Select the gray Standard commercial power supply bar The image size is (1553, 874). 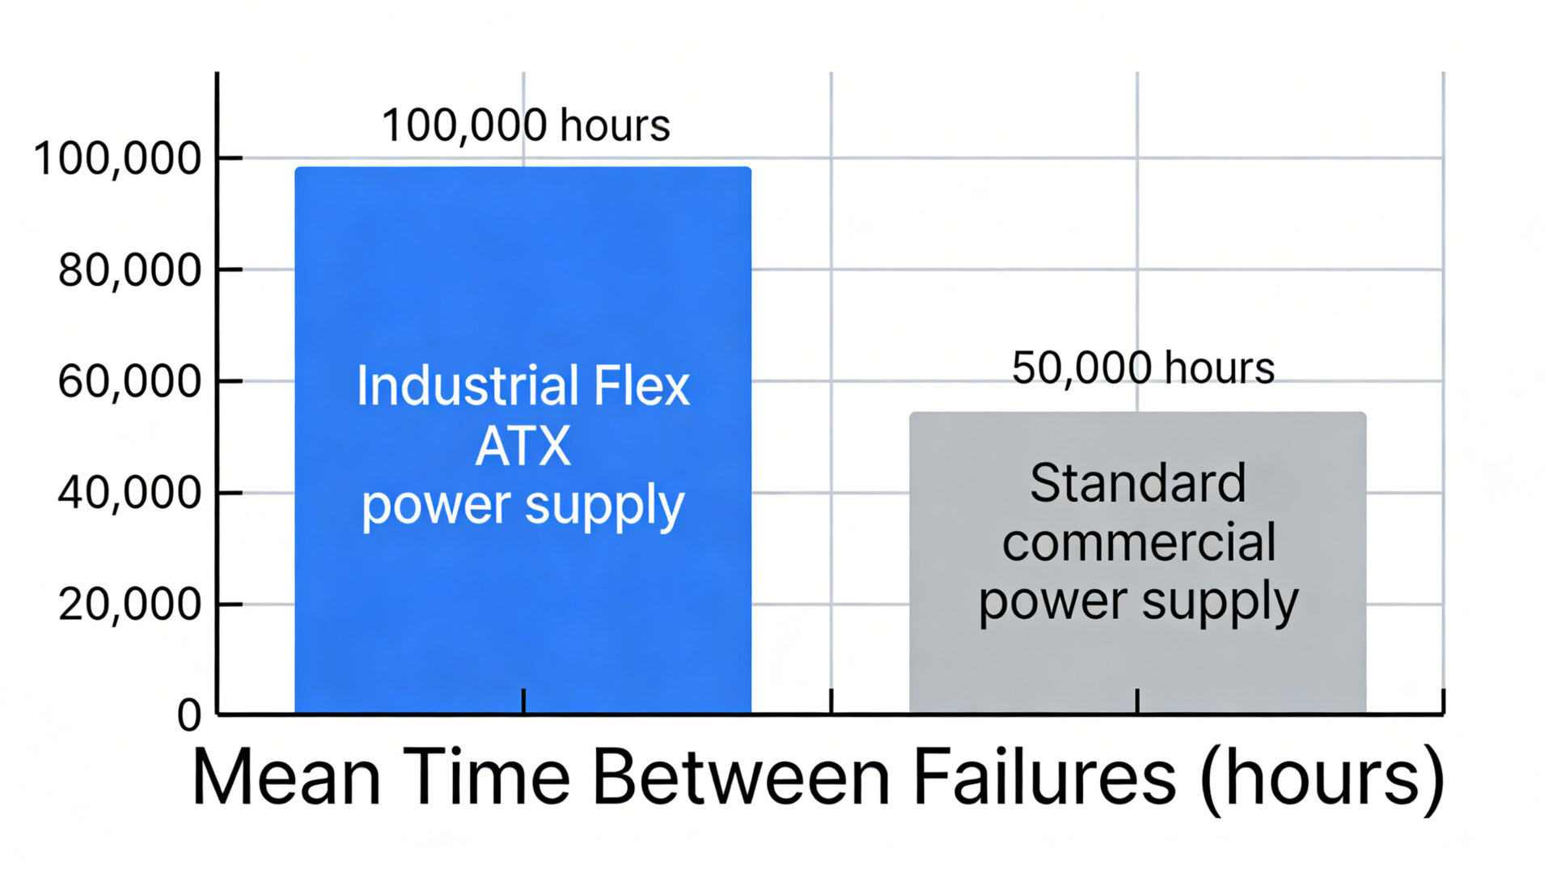(1137, 664)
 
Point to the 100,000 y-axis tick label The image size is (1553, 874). (117, 158)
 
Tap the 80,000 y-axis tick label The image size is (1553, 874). (129, 269)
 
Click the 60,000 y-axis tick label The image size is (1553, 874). (129, 381)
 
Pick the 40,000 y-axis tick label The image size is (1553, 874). (129, 492)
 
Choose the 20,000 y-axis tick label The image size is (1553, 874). (129, 604)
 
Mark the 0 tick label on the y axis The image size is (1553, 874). (189, 715)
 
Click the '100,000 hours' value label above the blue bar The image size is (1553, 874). (526, 125)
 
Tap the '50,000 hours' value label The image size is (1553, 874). (1143, 367)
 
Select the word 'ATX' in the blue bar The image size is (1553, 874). (523, 446)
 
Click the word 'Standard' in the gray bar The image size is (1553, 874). (1137, 483)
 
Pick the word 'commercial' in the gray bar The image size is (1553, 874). (1139, 541)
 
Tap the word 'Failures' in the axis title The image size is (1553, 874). (1044, 776)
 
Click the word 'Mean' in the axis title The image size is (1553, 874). (286, 776)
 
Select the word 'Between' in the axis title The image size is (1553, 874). (741, 776)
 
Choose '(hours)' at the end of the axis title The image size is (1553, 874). (1322, 778)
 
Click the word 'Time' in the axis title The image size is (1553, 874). (486, 776)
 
